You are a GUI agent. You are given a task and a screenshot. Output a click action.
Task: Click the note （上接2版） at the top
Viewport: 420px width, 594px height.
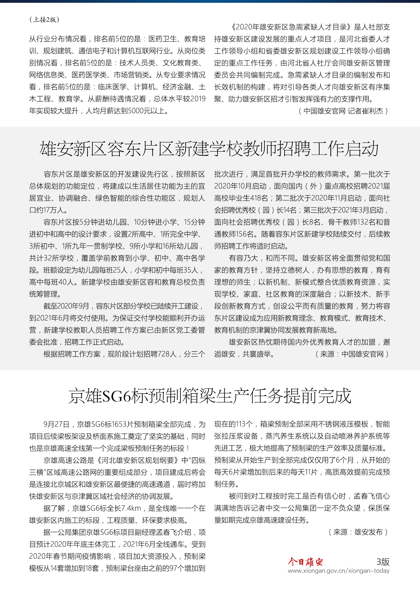[x=44, y=19]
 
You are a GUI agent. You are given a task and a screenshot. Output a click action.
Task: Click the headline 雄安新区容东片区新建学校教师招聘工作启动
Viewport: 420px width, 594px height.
[x=209, y=149]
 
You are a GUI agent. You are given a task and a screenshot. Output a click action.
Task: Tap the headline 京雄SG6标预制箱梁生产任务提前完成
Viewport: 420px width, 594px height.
[x=210, y=396]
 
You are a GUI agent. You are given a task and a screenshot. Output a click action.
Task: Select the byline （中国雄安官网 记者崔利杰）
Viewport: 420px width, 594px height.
[x=343, y=111]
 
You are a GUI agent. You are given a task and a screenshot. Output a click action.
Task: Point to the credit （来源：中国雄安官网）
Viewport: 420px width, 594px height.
[x=352, y=354]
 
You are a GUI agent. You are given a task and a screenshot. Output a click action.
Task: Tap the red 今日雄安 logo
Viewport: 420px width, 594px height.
[x=305, y=562]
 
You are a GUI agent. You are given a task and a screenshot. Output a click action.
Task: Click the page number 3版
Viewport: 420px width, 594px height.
[x=383, y=562]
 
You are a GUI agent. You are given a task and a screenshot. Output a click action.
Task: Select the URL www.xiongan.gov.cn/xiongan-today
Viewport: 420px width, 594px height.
[x=338, y=571]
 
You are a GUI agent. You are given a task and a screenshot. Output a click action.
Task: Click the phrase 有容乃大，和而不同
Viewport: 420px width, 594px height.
[x=262, y=258]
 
